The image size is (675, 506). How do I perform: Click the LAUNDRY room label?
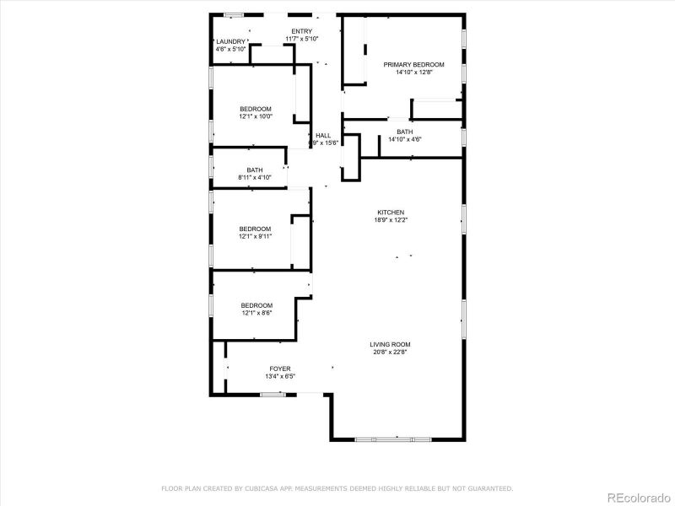(230, 41)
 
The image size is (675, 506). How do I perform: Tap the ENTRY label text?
(301, 31)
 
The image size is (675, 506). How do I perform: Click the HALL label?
(323, 135)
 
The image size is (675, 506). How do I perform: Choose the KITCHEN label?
(391, 212)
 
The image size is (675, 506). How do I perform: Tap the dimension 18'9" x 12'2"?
(391, 219)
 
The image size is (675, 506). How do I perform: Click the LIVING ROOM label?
(390, 344)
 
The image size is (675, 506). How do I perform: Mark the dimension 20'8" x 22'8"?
(390, 353)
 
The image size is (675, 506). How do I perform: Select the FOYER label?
(280, 369)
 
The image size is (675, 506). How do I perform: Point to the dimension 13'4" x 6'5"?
(280, 377)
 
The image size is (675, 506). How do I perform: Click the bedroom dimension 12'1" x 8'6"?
(256, 313)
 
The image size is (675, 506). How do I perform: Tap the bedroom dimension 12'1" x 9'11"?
(255, 237)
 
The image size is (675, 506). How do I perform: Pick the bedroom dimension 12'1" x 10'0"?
(256, 116)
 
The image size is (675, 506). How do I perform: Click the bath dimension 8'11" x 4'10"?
(255, 178)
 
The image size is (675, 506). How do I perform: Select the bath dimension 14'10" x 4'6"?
(405, 139)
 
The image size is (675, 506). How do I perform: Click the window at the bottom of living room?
(394, 439)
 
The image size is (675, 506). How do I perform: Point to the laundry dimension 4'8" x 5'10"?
(230, 49)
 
